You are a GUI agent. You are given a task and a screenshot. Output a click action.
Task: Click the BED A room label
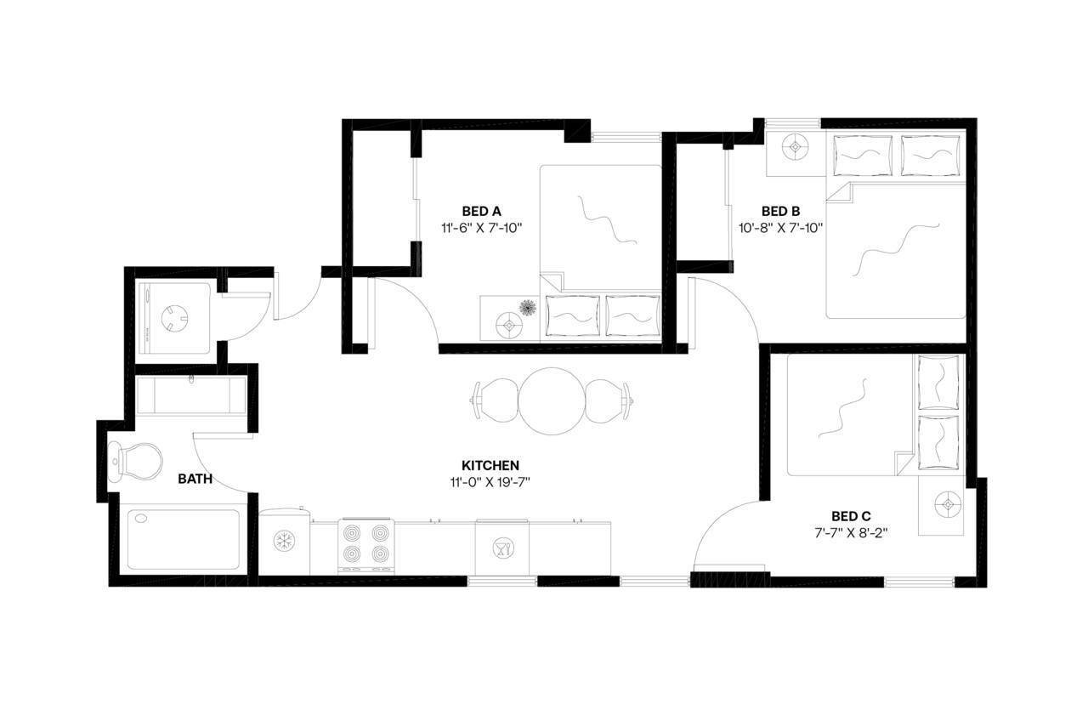tap(481, 211)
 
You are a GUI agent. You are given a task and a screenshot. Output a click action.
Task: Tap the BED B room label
tap(780, 211)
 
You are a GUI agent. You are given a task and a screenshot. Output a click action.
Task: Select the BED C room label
tap(851, 516)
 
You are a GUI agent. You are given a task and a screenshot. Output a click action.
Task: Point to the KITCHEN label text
tap(490, 465)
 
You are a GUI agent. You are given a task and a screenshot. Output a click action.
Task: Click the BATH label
tap(195, 480)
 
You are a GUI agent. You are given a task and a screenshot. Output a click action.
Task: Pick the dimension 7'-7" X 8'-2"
tap(851, 533)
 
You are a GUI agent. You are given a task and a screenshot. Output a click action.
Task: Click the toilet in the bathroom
tap(139, 460)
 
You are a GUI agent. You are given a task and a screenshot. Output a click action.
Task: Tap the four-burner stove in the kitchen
tap(365, 545)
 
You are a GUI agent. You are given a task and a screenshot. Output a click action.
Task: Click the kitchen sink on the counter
tap(501, 548)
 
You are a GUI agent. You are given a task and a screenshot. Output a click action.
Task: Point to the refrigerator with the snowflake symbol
tap(283, 542)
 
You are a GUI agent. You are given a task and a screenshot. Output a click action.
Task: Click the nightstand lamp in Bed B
tap(796, 147)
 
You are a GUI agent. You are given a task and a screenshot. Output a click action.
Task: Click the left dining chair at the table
tap(496, 399)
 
